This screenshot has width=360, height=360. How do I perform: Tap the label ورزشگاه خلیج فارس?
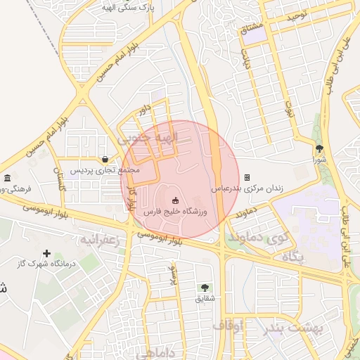click(x=175, y=211)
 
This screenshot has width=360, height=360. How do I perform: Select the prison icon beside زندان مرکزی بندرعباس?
click(x=247, y=178)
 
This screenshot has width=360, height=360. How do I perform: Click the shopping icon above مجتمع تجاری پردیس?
click(x=105, y=159)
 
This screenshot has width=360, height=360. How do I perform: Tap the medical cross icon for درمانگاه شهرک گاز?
click(x=46, y=253)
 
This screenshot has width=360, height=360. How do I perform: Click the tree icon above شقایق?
click(x=205, y=288)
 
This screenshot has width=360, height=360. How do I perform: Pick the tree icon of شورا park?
click(x=320, y=148)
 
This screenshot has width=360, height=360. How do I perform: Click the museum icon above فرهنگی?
click(x=7, y=177)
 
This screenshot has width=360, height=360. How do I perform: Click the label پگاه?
click(x=293, y=257)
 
